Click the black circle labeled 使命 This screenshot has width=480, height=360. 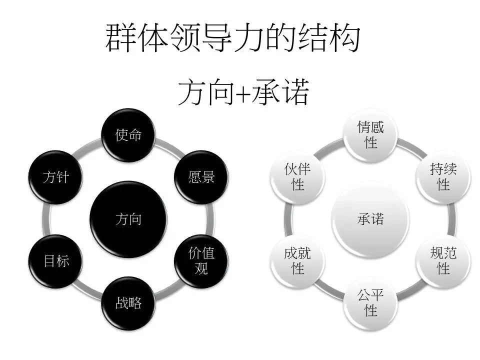(x=128, y=135)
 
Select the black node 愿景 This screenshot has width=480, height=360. (x=201, y=177)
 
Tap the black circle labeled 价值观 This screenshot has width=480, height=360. (x=201, y=260)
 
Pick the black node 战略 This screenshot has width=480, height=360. (x=128, y=302)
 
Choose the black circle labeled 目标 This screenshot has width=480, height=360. (x=56, y=260)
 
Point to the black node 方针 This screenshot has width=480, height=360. (x=56, y=177)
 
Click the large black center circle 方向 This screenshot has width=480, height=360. (x=128, y=219)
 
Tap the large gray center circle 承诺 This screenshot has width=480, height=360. (x=370, y=219)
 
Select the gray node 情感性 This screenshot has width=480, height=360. (x=370, y=135)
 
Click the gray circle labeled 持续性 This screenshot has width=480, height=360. (x=443, y=177)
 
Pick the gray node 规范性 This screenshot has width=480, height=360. (x=443, y=260)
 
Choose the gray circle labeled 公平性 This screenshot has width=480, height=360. (x=370, y=302)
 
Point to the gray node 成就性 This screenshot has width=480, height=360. (x=298, y=260)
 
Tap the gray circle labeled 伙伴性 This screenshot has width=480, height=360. (x=298, y=177)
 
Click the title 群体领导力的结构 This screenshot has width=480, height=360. (x=232, y=39)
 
